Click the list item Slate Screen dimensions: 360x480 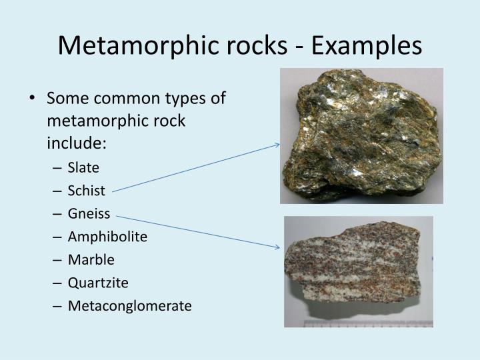point(83,168)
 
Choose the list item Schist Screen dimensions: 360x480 point(87,191)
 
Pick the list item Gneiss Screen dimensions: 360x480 point(89,214)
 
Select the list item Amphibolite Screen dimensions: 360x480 point(107,237)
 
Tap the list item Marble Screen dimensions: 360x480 point(91,260)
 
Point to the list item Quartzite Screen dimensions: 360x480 point(97,283)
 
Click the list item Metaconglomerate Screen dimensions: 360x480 point(129,306)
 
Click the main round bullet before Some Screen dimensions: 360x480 point(33,99)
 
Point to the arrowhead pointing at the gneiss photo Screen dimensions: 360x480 point(277,247)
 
